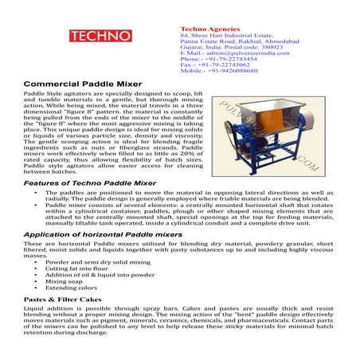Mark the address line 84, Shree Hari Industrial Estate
pyautogui.click(x=231, y=14)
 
